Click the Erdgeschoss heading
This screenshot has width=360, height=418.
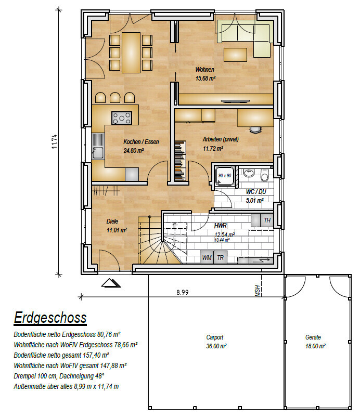click(x=50, y=318)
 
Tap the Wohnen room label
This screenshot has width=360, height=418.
click(x=205, y=70)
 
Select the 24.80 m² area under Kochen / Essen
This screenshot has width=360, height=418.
click(x=134, y=151)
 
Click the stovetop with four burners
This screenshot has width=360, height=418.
click(x=122, y=118)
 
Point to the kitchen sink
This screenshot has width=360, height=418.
click(x=98, y=153)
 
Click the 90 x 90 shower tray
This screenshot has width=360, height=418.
click(x=225, y=176)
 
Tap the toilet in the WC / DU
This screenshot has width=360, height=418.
click(x=264, y=175)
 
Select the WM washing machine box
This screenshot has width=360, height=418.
click(x=207, y=257)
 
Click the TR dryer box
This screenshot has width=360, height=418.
click(x=220, y=257)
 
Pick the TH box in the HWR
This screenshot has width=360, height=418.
click(x=267, y=220)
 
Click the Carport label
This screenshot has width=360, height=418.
click(x=215, y=337)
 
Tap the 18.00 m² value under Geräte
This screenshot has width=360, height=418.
click(x=315, y=346)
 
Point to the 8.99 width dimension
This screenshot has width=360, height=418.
click(x=183, y=292)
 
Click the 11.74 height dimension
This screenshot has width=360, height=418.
click(x=55, y=141)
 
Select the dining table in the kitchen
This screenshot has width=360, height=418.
click(x=131, y=53)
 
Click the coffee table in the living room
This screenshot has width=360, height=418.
click(x=235, y=55)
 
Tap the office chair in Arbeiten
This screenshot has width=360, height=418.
click(x=256, y=129)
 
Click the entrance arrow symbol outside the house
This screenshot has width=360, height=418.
click(x=111, y=283)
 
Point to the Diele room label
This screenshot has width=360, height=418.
click(x=112, y=221)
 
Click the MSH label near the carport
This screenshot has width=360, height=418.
click(x=258, y=291)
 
